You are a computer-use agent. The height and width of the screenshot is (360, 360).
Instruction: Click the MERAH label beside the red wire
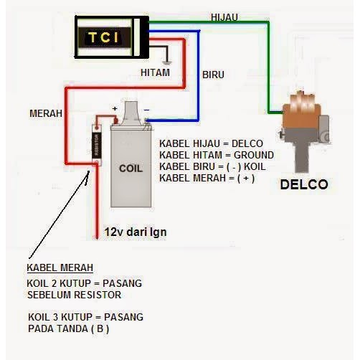click(x=45, y=113)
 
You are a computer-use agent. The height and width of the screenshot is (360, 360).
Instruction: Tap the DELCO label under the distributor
click(x=304, y=184)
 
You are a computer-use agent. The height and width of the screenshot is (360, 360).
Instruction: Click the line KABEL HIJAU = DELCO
click(x=211, y=143)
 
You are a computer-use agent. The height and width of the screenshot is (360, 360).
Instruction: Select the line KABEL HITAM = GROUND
click(x=216, y=155)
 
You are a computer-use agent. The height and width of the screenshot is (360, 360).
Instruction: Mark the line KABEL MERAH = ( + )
click(x=207, y=178)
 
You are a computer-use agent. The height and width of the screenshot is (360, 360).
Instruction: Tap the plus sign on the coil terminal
click(x=113, y=110)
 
